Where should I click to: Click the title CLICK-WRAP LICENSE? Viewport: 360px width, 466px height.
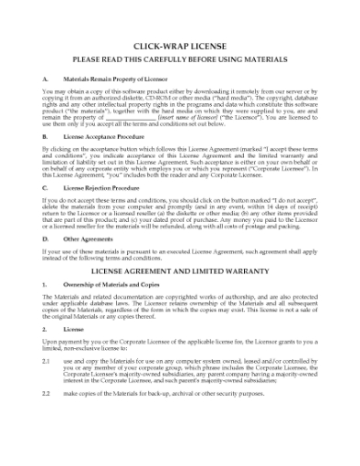click(179, 44)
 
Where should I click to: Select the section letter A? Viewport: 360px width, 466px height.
click(45, 80)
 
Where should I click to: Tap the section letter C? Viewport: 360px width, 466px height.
click(45, 185)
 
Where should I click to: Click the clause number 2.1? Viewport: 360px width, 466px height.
click(47, 361)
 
